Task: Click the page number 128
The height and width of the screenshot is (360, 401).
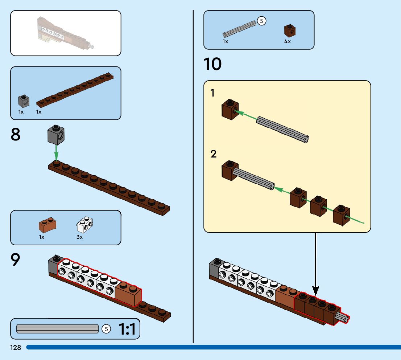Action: [x=16, y=348]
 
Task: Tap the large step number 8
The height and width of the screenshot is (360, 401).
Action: [x=16, y=135]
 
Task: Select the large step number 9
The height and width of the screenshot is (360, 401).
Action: [x=16, y=260]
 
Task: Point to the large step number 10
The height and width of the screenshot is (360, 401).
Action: [x=213, y=65]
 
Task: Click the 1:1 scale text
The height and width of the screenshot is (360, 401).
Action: [x=127, y=330]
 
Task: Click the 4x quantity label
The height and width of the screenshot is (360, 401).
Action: [x=288, y=42]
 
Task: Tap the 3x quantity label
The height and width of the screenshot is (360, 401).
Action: [x=79, y=237]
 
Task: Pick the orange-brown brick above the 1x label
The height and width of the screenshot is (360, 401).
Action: [x=47, y=225]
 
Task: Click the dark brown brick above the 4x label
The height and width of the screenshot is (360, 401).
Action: [x=289, y=30]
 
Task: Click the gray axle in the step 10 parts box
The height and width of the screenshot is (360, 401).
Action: [x=239, y=29]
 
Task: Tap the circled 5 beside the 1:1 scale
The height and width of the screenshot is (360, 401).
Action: [x=106, y=329]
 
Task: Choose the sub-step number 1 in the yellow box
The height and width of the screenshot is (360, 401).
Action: [x=213, y=93]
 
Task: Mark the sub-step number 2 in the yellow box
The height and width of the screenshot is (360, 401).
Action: [x=214, y=154]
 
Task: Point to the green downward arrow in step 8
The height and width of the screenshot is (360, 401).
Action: [x=56, y=152]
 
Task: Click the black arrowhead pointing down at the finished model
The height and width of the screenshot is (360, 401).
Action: [x=316, y=290]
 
